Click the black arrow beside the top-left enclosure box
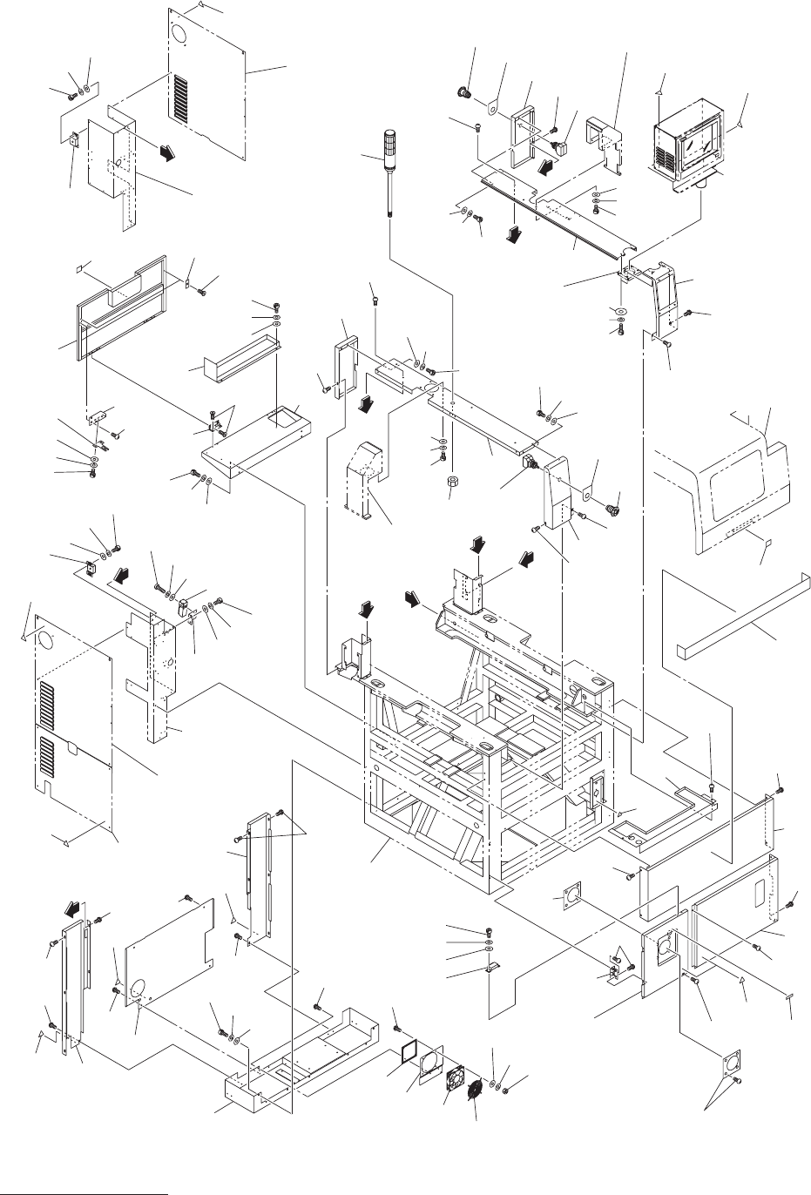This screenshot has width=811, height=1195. click(x=164, y=152)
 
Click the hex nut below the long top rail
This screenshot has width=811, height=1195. click(x=452, y=483)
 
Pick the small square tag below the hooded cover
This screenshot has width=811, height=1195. click(x=767, y=544)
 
